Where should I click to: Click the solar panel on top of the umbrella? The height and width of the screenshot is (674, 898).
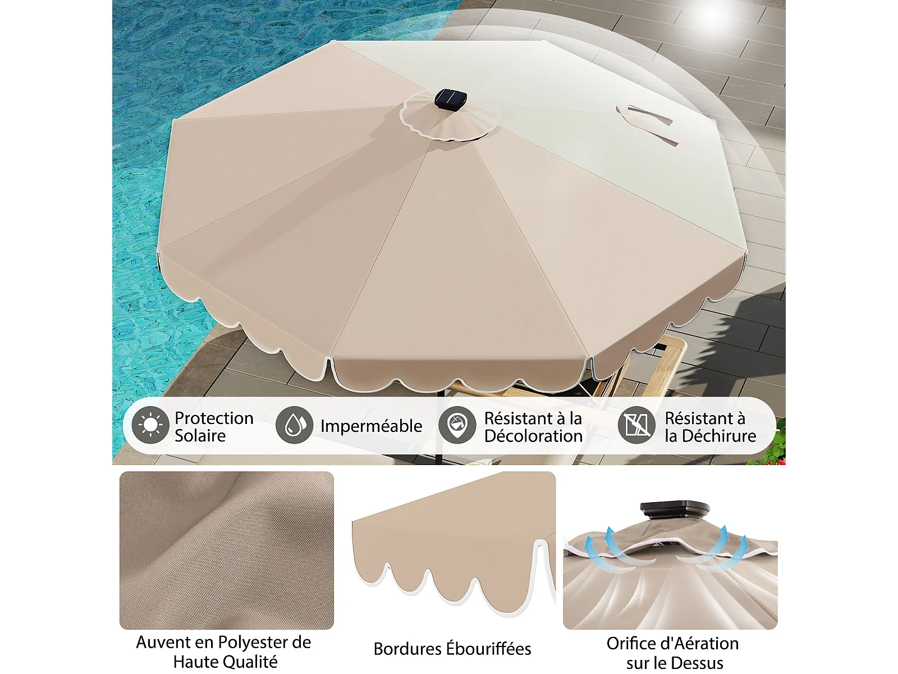click(x=451, y=99)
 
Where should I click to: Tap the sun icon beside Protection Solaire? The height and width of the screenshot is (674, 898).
click(x=150, y=425)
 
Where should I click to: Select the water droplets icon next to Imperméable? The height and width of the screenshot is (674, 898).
click(x=294, y=425)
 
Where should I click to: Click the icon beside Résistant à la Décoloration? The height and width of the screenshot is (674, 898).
click(x=457, y=425)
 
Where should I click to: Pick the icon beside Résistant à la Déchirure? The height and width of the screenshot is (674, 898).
click(x=636, y=425)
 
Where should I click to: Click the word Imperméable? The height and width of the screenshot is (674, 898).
click(x=371, y=426)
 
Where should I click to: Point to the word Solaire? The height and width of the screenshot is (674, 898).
click(x=200, y=435)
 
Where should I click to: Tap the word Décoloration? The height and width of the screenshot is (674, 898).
click(x=534, y=436)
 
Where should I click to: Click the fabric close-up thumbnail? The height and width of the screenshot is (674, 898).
click(x=227, y=550)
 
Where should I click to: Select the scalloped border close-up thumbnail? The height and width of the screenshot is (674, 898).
click(x=453, y=544)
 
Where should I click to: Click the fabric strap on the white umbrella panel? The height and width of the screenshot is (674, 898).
click(x=647, y=123)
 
